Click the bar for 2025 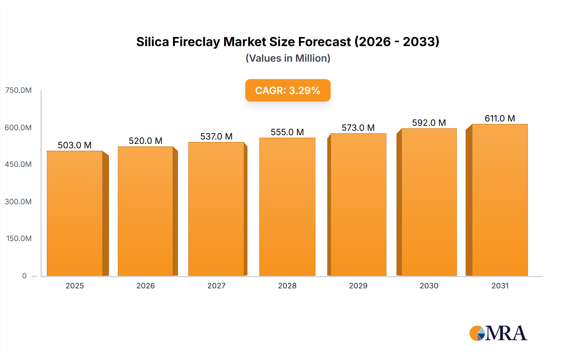point(75,213)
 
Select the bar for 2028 point(287,207)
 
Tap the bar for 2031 point(500,200)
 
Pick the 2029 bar point(358,205)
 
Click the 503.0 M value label point(74,145)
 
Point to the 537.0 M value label point(216,136)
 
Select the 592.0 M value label point(429,123)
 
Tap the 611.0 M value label point(500,118)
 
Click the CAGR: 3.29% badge point(288,90)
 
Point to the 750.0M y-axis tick point(18,90)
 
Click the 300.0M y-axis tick point(18,201)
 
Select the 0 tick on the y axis point(24,276)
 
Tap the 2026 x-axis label point(146,286)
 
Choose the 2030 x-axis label point(429,286)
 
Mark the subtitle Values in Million point(288,58)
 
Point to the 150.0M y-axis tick point(19,239)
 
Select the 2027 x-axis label point(216,286)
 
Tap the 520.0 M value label point(146,141)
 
